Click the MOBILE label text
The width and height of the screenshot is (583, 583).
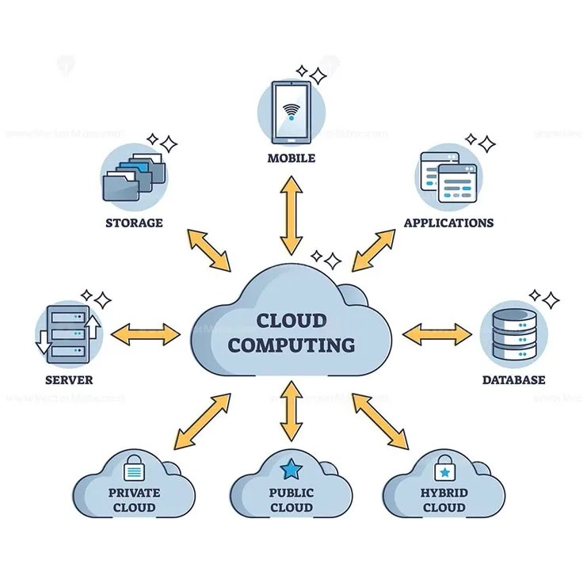pyautogui.click(x=291, y=158)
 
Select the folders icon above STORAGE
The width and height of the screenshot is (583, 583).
pyautogui.click(x=134, y=176)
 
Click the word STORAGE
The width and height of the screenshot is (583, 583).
pyautogui.click(x=134, y=223)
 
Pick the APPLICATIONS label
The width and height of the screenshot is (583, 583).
pyautogui.click(x=448, y=223)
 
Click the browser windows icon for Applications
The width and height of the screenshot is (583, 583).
pyautogui.click(x=448, y=176)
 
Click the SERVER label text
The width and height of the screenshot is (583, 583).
pyautogui.click(x=69, y=380)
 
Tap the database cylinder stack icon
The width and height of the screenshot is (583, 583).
pyautogui.click(x=512, y=333)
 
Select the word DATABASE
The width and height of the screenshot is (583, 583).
pyautogui.click(x=513, y=380)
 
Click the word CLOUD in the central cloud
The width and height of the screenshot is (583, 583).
pyautogui.click(x=291, y=321)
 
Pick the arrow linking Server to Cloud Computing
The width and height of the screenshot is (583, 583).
pyautogui.click(x=146, y=333)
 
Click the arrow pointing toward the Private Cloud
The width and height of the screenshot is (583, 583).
pyautogui.click(x=203, y=420)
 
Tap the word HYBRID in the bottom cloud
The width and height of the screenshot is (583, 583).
pyautogui.click(x=444, y=493)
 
